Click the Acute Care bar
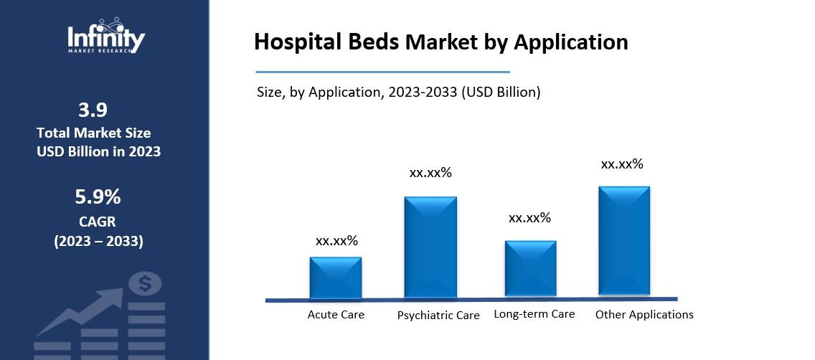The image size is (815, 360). (336, 278)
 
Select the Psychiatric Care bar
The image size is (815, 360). (430, 247)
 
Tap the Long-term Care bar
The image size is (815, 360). (531, 269)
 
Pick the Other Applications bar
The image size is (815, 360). (624, 241)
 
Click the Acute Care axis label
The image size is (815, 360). (336, 315)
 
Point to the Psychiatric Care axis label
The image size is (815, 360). (438, 316)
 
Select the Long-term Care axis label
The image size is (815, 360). (534, 314)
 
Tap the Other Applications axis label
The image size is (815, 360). (644, 315)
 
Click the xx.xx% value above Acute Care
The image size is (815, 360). (336, 241)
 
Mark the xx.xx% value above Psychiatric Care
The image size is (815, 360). (430, 173)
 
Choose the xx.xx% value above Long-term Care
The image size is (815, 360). (529, 218)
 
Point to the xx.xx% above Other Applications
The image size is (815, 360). (622, 164)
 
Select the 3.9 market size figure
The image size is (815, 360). (93, 110)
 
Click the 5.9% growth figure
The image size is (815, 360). (98, 196)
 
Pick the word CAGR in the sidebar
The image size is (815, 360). (98, 222)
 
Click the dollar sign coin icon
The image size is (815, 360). (146, 285)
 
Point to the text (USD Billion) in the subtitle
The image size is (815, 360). (502, 92)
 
